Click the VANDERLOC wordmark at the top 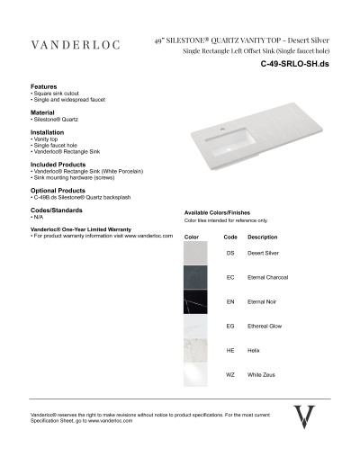pos(77,45)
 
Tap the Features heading pos(45,87)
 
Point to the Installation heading pos(48,131)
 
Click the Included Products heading pos(58,165)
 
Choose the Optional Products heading pos(58,191)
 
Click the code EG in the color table pos(230,326)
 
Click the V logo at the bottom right pos(305,418)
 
